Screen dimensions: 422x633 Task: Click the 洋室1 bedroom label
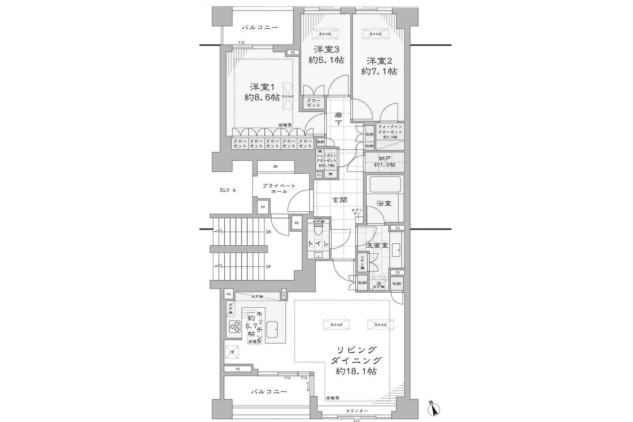pos(262,87)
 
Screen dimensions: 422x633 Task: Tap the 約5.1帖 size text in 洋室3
pos(326,60)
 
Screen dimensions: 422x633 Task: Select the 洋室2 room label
pos(379,61)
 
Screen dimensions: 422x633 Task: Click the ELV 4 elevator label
pos(228,190)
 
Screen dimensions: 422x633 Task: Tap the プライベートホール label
pos(279,189)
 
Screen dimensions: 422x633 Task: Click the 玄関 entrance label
pos(339,200)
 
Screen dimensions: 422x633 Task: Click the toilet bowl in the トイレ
pos(318,230)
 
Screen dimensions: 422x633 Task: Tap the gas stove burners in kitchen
pos(235,327)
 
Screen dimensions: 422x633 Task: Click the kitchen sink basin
pos(272,329)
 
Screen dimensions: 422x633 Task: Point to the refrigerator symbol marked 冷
pos(231,352)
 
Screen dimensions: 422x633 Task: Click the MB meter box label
pos(275,166)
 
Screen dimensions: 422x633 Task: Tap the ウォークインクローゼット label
pos(390,132)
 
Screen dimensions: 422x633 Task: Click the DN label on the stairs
pos(268,232)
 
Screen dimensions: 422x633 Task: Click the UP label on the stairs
pos(268,267)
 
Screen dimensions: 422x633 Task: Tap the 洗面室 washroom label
pos(377,246)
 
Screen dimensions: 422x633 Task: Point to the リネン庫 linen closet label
pos(362,262)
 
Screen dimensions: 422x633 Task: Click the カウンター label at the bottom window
pos(357,411)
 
